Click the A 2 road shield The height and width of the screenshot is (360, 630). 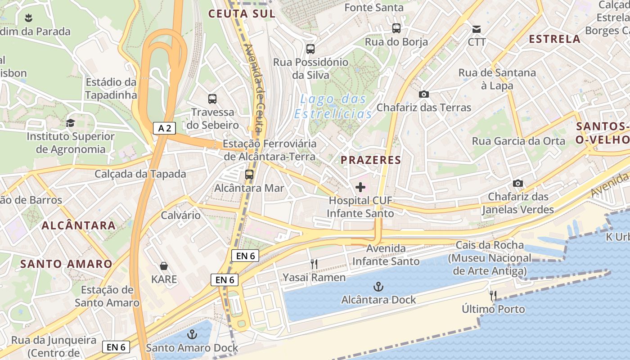[x=164, y=128]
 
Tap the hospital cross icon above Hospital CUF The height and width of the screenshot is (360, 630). [x=360, y=187]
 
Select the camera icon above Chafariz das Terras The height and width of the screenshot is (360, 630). [x=423, y=94]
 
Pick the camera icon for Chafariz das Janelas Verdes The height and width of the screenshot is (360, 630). [x=518, y=183]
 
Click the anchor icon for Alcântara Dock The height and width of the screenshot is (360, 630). [x=378, y=286]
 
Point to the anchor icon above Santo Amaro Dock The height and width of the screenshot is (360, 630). [x=192, y=334]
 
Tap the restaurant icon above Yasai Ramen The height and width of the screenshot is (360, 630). [x=314, y=264]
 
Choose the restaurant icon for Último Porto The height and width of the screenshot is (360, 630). [x=493, y=296]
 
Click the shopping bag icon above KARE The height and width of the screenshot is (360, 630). [x=164, y=266]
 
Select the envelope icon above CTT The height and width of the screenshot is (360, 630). [x=477, y=29]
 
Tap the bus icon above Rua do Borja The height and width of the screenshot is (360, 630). [x=396, y=28]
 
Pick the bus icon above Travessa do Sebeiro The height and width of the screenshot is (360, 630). [x=212, y=99]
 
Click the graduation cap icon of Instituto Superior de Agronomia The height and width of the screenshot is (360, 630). [x=70, y=123]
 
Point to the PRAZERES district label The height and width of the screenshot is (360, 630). [x=371, y=160]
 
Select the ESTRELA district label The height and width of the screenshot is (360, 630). [x=554, y=39]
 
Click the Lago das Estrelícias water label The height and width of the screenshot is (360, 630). [x=333, y=106]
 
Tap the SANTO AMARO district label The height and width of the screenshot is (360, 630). [x=66, y=264]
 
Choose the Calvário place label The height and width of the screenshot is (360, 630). [x=181, y=215]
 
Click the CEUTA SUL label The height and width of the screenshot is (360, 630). [x=242, y=14]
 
